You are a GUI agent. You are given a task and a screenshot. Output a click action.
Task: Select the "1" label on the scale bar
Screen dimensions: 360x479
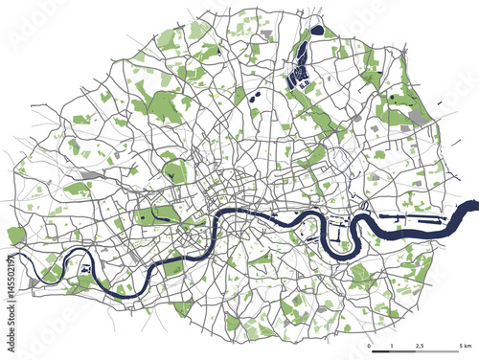392,344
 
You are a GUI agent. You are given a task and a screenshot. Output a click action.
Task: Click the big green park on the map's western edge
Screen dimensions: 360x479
16,235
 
